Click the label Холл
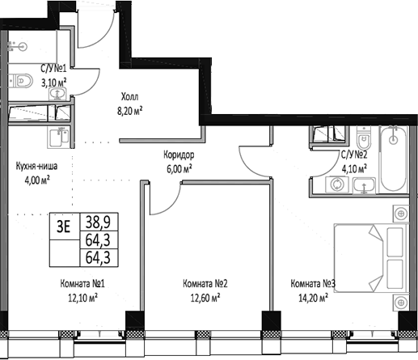point(129,93)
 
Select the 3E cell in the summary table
point(63,227)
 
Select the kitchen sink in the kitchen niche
point(56,138)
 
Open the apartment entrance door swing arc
point(101,24)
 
